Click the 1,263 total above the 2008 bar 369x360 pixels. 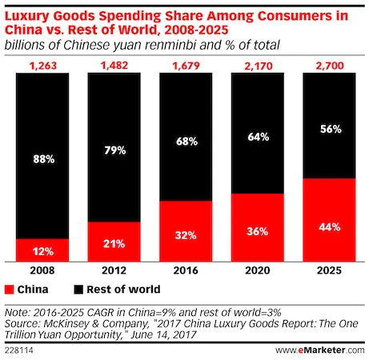(42, 64)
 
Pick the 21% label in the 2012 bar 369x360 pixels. (114, 242)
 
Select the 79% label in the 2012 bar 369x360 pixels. (114, 149)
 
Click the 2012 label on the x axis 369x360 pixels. (114, 271)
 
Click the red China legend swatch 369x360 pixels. (10, 289)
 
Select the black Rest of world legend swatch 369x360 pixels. (78, 289)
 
